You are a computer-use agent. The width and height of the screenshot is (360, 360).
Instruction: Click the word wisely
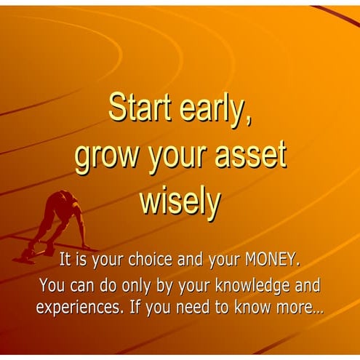pos(180,201)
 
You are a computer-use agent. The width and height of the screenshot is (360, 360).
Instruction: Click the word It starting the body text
pos(65,258)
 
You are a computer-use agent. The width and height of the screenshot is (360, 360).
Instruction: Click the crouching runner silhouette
pos(58,222)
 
